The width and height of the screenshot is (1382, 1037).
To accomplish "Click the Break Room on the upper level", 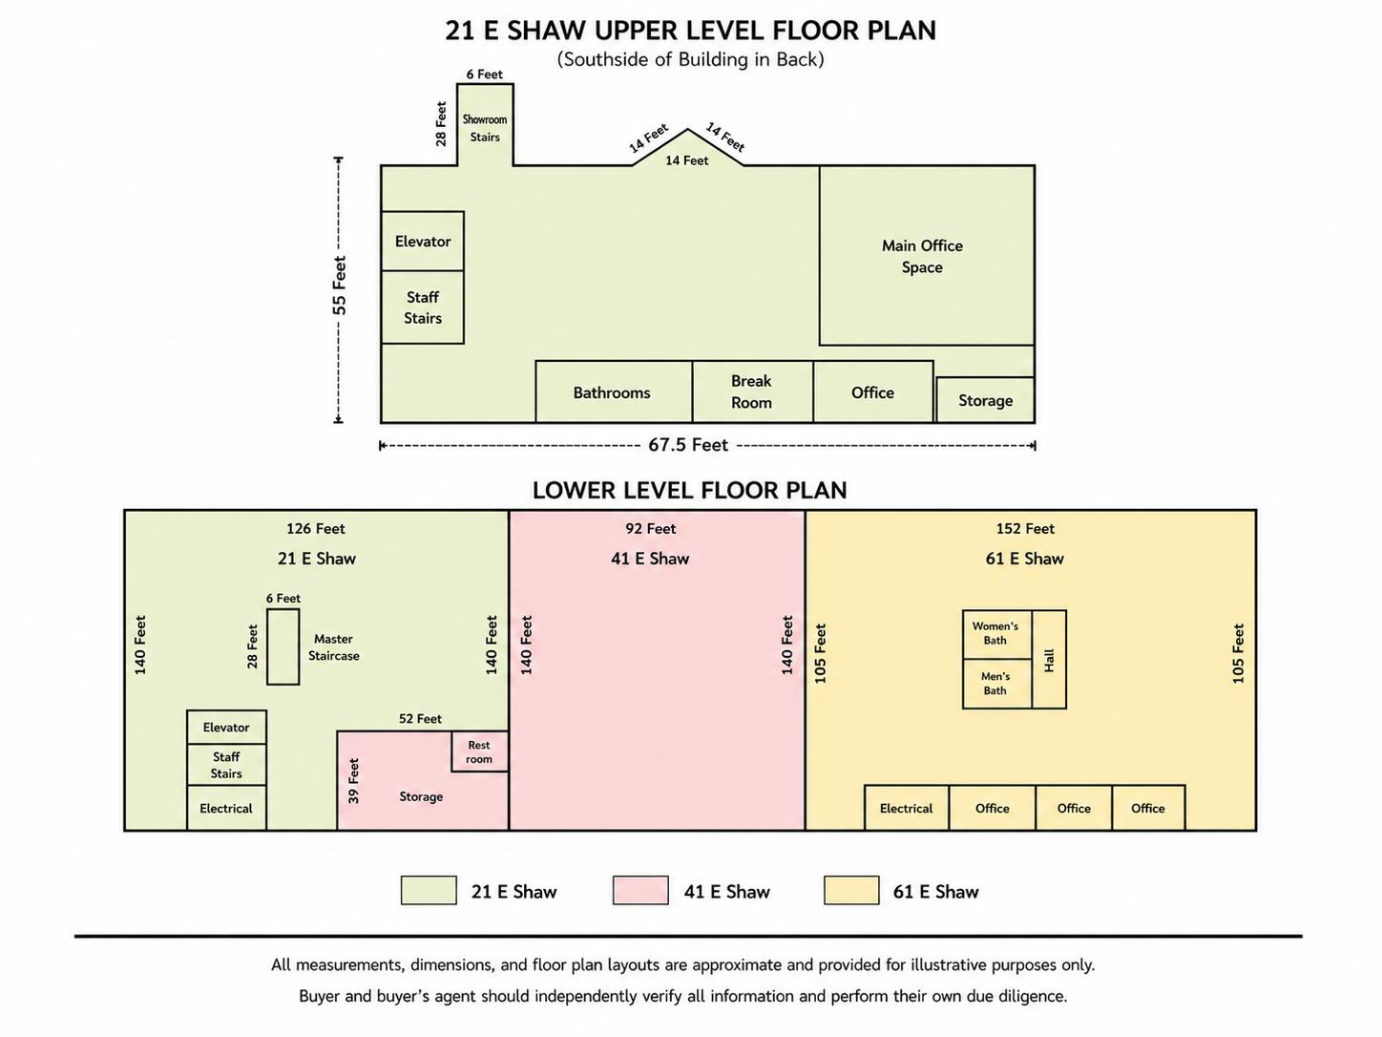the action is [752, 392].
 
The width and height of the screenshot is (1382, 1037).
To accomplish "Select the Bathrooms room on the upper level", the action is [614, 392].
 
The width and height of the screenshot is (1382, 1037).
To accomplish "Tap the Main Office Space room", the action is [927, 256].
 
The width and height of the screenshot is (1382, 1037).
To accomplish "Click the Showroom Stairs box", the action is [485, 125].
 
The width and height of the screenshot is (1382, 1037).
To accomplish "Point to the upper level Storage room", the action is [985, 400].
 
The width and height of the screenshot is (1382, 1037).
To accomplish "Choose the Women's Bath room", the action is [997, 635].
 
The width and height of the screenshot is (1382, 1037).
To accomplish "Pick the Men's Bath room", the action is [997, 684].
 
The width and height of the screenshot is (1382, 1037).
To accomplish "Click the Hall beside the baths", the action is [1049, 659].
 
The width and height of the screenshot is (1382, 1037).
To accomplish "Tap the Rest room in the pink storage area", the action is [480, 751].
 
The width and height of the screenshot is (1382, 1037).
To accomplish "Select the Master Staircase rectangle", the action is [283, 646].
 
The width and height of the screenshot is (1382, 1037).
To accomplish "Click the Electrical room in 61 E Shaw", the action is [907, 808].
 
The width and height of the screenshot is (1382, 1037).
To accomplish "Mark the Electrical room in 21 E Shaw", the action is [226, 808].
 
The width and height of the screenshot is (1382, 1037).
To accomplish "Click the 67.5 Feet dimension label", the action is [688, 445].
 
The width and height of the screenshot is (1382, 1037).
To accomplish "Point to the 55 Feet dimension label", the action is [340, 286].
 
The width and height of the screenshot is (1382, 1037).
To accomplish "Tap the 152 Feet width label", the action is [1025, 529].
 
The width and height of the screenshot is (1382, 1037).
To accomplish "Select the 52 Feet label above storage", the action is [420, 718].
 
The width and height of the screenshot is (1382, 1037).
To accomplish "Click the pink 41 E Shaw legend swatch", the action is [640, 890].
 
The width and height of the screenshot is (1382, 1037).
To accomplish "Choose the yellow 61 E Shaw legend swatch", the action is [851, 890].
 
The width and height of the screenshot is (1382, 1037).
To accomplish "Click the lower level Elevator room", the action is [226, 728].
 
